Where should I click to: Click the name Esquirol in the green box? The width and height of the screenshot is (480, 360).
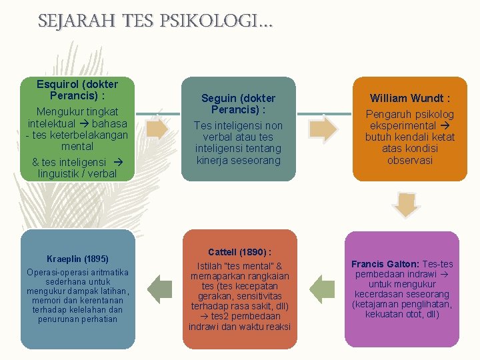(x=58, y=85)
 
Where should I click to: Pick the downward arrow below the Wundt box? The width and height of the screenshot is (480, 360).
(x=405, y=204)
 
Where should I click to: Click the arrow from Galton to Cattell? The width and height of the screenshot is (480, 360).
(x=323, y=287)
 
